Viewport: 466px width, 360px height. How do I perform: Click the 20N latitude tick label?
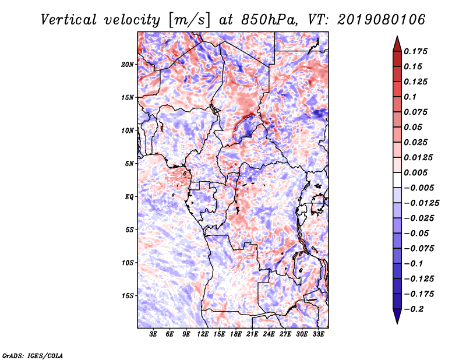tap(128, 65)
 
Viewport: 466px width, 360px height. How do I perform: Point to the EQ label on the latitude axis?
tap(129, 197)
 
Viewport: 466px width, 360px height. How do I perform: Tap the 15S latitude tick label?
tap(128, 296)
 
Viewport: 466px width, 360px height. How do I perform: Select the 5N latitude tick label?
tap(129, 164)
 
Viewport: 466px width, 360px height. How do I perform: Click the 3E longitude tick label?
tap(153, 334)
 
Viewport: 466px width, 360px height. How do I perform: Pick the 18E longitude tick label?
tap(236, 334)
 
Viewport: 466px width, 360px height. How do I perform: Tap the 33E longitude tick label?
tap(318, 334)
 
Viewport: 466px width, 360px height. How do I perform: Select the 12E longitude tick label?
tap(203, 334)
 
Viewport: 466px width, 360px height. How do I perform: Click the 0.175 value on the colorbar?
tap(416, 51)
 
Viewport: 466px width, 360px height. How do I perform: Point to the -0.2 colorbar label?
tap(414, 309)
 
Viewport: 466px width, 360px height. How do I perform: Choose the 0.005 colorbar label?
tap(416, 172)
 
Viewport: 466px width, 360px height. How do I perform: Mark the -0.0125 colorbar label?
tap(422, 203)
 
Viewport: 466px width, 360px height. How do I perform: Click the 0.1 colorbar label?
tap(410, 97)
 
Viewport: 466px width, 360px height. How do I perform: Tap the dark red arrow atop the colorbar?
tap(397, 44)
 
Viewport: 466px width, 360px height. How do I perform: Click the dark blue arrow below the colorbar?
tap(397, 316)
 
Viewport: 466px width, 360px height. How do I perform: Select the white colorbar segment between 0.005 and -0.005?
tap(397, 180)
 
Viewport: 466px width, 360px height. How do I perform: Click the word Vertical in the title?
tap(69, 20)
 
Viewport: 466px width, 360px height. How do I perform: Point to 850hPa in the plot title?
tap(269, 20)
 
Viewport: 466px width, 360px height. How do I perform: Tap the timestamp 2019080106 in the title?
tap(382, 20)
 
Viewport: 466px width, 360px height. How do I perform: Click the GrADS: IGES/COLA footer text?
tap(33, 355)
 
